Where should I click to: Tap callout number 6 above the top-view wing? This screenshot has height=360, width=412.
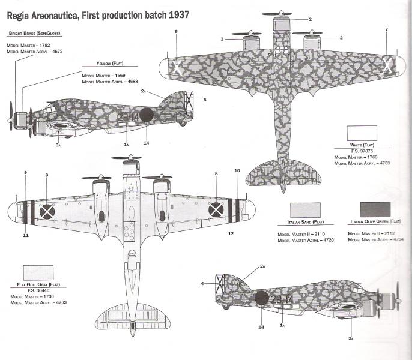click(x=177, y=31)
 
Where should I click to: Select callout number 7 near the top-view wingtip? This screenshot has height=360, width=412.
click(x=386, y=29)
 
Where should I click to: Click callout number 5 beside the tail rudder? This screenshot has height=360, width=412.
click(x=204, y=100)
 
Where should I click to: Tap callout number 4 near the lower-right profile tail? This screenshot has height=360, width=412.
click(x=203, y=283)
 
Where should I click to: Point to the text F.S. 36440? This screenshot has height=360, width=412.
click(x=37, y=290)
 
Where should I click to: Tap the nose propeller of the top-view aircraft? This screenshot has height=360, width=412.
click(x=282, y=15)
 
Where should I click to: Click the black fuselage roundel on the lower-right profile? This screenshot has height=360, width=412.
click(x=261, y=298)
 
